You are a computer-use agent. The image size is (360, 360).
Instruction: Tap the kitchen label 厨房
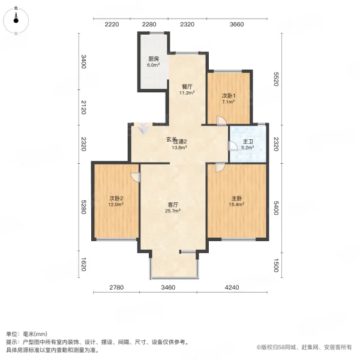pyautogui.click(x=154, y=59)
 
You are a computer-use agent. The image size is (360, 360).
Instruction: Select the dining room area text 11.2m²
pyautogui.click(x=186, y=93)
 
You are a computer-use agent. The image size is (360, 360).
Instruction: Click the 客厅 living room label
pyautogui.click(x=173, y=205)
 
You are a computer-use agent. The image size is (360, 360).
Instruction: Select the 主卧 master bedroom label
pyautogui.click(x=236, y=198)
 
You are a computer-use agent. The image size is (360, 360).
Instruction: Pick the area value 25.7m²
pyautogui.click(x=173, y=212)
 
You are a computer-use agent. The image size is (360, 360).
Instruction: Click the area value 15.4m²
pyautogui.click(x=236, y=205)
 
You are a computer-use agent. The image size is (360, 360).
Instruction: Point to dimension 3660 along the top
pyautogui.click(x=236, y=24)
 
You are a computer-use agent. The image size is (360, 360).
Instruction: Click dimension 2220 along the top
pyautogui.click(x=112, y=24)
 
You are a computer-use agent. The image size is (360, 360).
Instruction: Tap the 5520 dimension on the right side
pyautogui.click(x=277, y=80)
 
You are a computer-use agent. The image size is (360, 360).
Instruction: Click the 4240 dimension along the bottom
pyautogui.click(x=232, y=289)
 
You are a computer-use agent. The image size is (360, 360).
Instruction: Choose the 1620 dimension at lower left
pyautogui.click(x=84, y=263)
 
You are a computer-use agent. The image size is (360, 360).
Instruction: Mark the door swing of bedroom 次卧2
pyautogui.click(x=136, y=176)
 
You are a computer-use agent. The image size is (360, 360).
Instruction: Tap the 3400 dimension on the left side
pyautogui.click(x=84, y=62)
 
